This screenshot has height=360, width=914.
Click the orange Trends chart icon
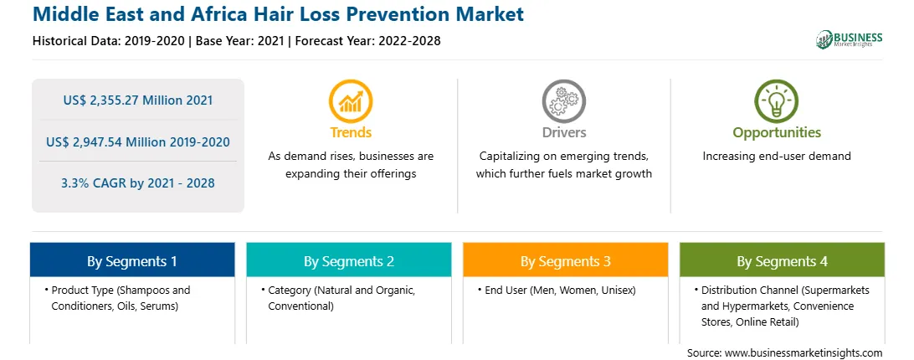coord(351,101)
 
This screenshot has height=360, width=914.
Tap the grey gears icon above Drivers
coord(563,101)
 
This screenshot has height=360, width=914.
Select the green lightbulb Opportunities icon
coord(777,101)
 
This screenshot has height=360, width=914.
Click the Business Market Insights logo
coord(849,39)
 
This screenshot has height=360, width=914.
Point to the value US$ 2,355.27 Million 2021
coord(137,100)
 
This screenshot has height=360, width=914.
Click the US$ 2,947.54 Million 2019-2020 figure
coord(137,141)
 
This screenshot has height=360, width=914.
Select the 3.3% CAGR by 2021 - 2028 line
coord(137,183)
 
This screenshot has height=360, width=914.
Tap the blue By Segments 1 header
coord(131,260)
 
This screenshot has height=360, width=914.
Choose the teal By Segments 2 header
coord(348,260)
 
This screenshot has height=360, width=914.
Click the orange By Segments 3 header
coord(566,260)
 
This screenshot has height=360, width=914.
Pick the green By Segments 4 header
coord(782,260)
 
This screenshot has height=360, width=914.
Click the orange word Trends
coord(351,132)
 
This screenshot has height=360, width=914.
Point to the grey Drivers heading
coord(563,132)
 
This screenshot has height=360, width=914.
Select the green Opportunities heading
coord(777,132)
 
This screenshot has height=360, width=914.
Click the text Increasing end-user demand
coord(777,157)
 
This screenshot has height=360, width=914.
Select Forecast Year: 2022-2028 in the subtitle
coord(366,41)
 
